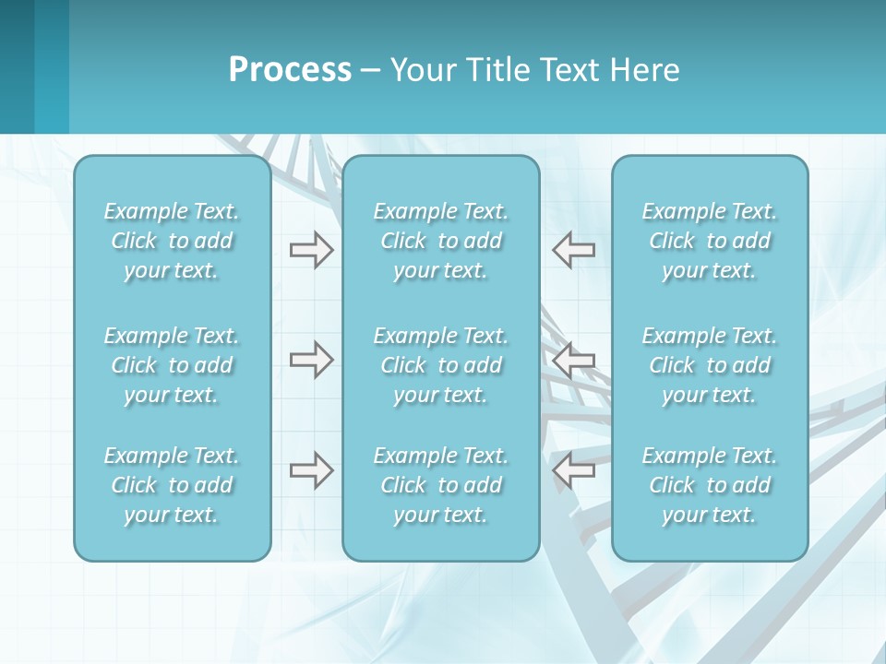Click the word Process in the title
coord(290,70)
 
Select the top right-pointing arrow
coord(311,250)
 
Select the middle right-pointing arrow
coord(311,360)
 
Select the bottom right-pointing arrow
coord(311,470)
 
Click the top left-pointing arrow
coord(573,250)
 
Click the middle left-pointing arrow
coord(573,360)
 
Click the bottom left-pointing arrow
coord(573,470)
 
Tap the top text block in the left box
coord(172,241)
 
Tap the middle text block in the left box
coord(172,365)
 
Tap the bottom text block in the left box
coord(172,485)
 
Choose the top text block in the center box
coord(440,241)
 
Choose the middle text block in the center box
coord(440,365)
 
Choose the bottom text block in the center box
coord(440,485)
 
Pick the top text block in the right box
coord(709,241)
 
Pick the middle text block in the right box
coord(709,365)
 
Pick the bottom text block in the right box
coord(709,485)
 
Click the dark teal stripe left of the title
coord(17,66)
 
